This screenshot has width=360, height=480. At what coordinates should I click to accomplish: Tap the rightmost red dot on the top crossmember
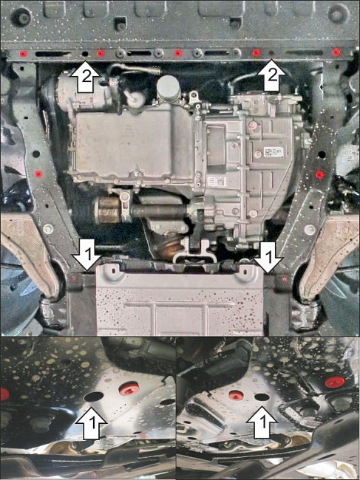pos(336,52)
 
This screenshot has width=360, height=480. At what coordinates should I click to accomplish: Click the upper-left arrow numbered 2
pos(86,75)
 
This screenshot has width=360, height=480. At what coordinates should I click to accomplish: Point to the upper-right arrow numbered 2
pos(272,74)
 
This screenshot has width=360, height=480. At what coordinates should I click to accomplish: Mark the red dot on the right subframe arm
pos(319,174)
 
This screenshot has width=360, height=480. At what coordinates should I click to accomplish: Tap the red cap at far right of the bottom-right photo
pos(333,382)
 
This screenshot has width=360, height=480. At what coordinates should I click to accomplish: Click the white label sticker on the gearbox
pos(274,151)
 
